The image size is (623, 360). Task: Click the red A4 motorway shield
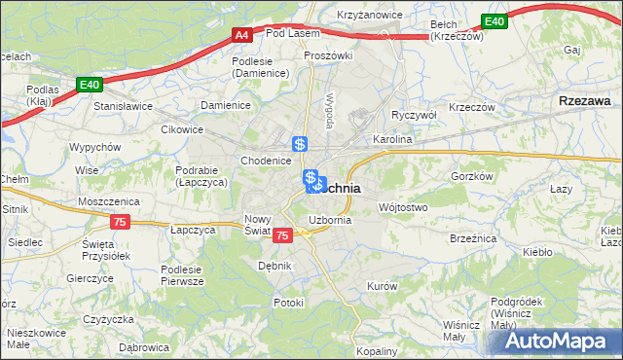[243, 36]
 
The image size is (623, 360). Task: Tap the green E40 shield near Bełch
[494, 21]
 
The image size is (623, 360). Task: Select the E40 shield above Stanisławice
[91, 86]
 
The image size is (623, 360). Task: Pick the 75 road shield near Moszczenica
[120, 222]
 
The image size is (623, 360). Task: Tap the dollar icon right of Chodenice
[301, 143]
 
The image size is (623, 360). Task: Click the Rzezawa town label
[584, 100]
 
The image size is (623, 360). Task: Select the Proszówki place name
[327, 55]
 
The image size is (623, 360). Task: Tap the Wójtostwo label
[403, 207]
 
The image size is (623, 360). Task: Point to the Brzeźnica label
[474, 238]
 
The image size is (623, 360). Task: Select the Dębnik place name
[275, 265]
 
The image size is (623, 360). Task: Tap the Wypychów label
[94, 147]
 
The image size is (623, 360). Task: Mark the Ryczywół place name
[413, 114]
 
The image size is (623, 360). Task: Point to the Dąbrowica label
[142, 345]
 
